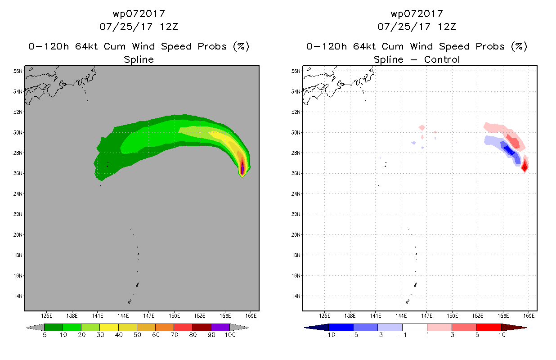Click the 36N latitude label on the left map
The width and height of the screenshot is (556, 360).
pos(18,71)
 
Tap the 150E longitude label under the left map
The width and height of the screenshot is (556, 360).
pos(174,316)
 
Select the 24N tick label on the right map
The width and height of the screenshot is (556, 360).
pos(296,193)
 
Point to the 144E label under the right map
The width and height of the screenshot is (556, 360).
pos(401,316)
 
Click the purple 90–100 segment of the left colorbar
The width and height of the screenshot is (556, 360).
pos(220,327)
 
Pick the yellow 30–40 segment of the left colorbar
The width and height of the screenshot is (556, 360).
pos(109,327)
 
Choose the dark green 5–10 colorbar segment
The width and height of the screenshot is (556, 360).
pos(54,327)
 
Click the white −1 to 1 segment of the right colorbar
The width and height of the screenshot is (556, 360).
pos(415,327)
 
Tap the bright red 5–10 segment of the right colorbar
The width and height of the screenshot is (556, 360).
pos(489,327)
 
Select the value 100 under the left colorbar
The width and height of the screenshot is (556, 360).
pos(230,335)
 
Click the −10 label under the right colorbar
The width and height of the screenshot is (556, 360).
pos(329,335)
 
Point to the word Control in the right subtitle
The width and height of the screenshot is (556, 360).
pos(442,59)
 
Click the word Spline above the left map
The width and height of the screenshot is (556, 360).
pos(139,59)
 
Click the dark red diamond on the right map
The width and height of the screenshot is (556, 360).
pos(525,168)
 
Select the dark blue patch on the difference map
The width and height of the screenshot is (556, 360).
pos(509,150)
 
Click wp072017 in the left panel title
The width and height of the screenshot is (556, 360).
pos(139,14)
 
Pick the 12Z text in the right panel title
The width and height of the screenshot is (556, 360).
pos(447,27)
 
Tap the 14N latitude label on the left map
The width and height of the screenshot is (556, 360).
pos(18,296)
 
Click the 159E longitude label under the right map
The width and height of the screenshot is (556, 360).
pos(529,316)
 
